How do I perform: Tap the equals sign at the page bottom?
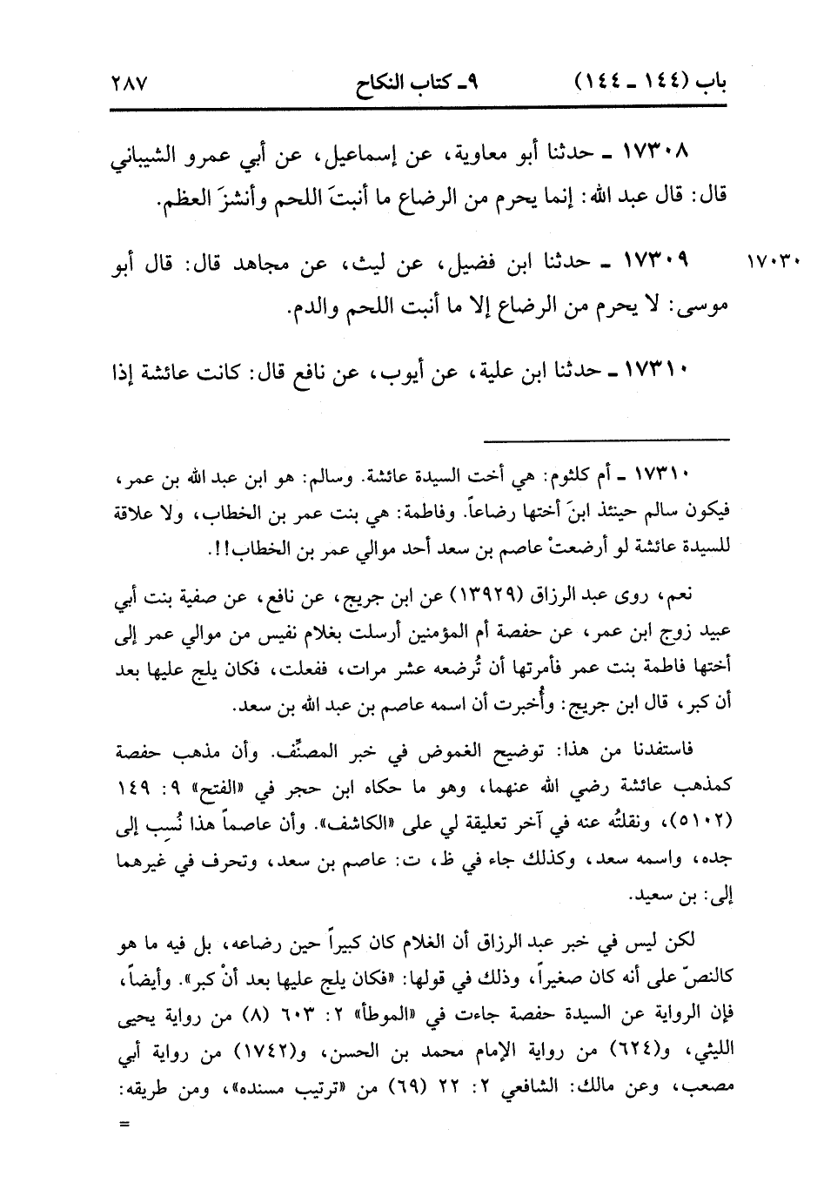point(123,1122)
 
